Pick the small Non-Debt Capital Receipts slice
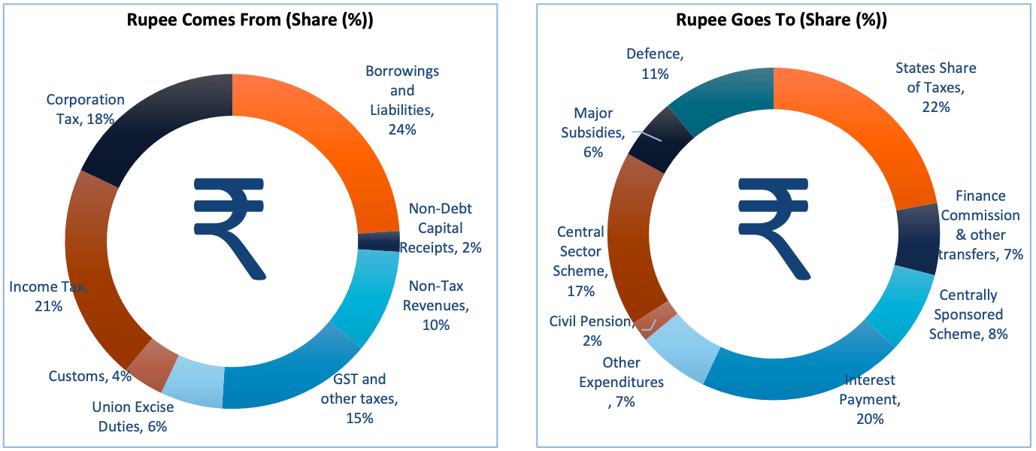point(378,241)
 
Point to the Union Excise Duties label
point(132,416)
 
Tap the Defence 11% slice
point(722,98)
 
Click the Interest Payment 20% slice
point(797,376)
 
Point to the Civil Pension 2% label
point(591,331)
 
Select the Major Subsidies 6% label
point(593,132)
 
